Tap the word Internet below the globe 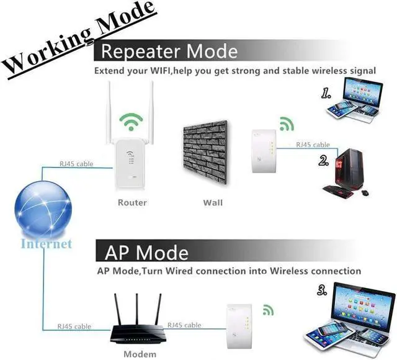tap(47, 243)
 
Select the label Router tap(132, 202)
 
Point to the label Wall tap(213, 202)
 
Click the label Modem tap(140, 354)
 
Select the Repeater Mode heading tap(169, 50)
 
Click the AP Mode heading tap(146, 252)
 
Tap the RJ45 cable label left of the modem tap(75, 325)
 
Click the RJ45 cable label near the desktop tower tap(313, 145)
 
